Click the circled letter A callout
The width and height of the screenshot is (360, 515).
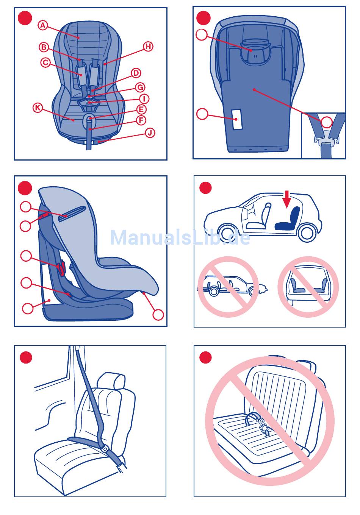43,25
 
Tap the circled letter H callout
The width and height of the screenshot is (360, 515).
148,47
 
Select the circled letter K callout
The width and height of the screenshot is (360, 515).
38,108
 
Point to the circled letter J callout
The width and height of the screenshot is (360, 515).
150,133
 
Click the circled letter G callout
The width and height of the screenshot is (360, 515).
140,87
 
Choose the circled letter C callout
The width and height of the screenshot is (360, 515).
45,62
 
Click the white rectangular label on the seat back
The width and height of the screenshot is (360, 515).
237,119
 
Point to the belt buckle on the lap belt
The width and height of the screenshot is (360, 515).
105,448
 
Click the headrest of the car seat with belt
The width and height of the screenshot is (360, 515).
111,381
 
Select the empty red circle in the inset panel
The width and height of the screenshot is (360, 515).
327,122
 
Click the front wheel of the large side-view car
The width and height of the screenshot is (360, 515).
228,232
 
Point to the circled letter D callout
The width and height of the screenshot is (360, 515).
136,73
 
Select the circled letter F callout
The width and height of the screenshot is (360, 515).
141,120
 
